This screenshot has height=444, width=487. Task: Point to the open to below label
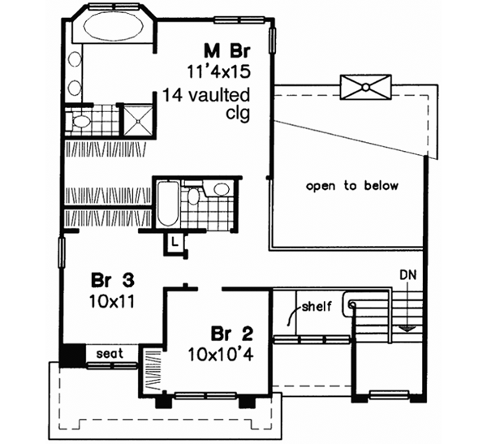click(352, 186)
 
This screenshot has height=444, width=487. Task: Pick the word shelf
click(317, 308)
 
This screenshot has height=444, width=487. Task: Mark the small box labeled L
click(175, 241)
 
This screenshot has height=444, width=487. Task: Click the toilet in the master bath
click(80, 122)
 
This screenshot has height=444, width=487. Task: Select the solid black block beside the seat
click(69, 354)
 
